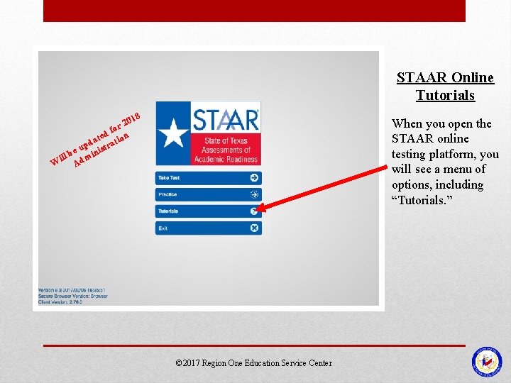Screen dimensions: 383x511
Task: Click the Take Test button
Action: click(208, 177)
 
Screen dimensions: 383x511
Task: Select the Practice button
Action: click(208, 194)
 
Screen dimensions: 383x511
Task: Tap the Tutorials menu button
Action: click(208, 211)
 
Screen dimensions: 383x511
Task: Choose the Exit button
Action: click(208, 228)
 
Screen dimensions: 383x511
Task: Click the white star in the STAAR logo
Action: click(172, 134)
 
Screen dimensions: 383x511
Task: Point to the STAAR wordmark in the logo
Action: click(226, 118)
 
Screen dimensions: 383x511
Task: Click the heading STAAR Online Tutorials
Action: click(445, 86)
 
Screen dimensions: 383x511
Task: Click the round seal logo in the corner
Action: click(486, 361)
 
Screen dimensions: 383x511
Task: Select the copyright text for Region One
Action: click(253, 363)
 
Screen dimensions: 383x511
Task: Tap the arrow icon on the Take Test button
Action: click(254, 177)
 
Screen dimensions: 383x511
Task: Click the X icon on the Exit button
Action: click(254, 228)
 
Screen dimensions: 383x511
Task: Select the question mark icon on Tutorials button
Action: click(254, 211)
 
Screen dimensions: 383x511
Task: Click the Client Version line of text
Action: click(60, 302)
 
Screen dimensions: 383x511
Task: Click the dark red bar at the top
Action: click(254, 11)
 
